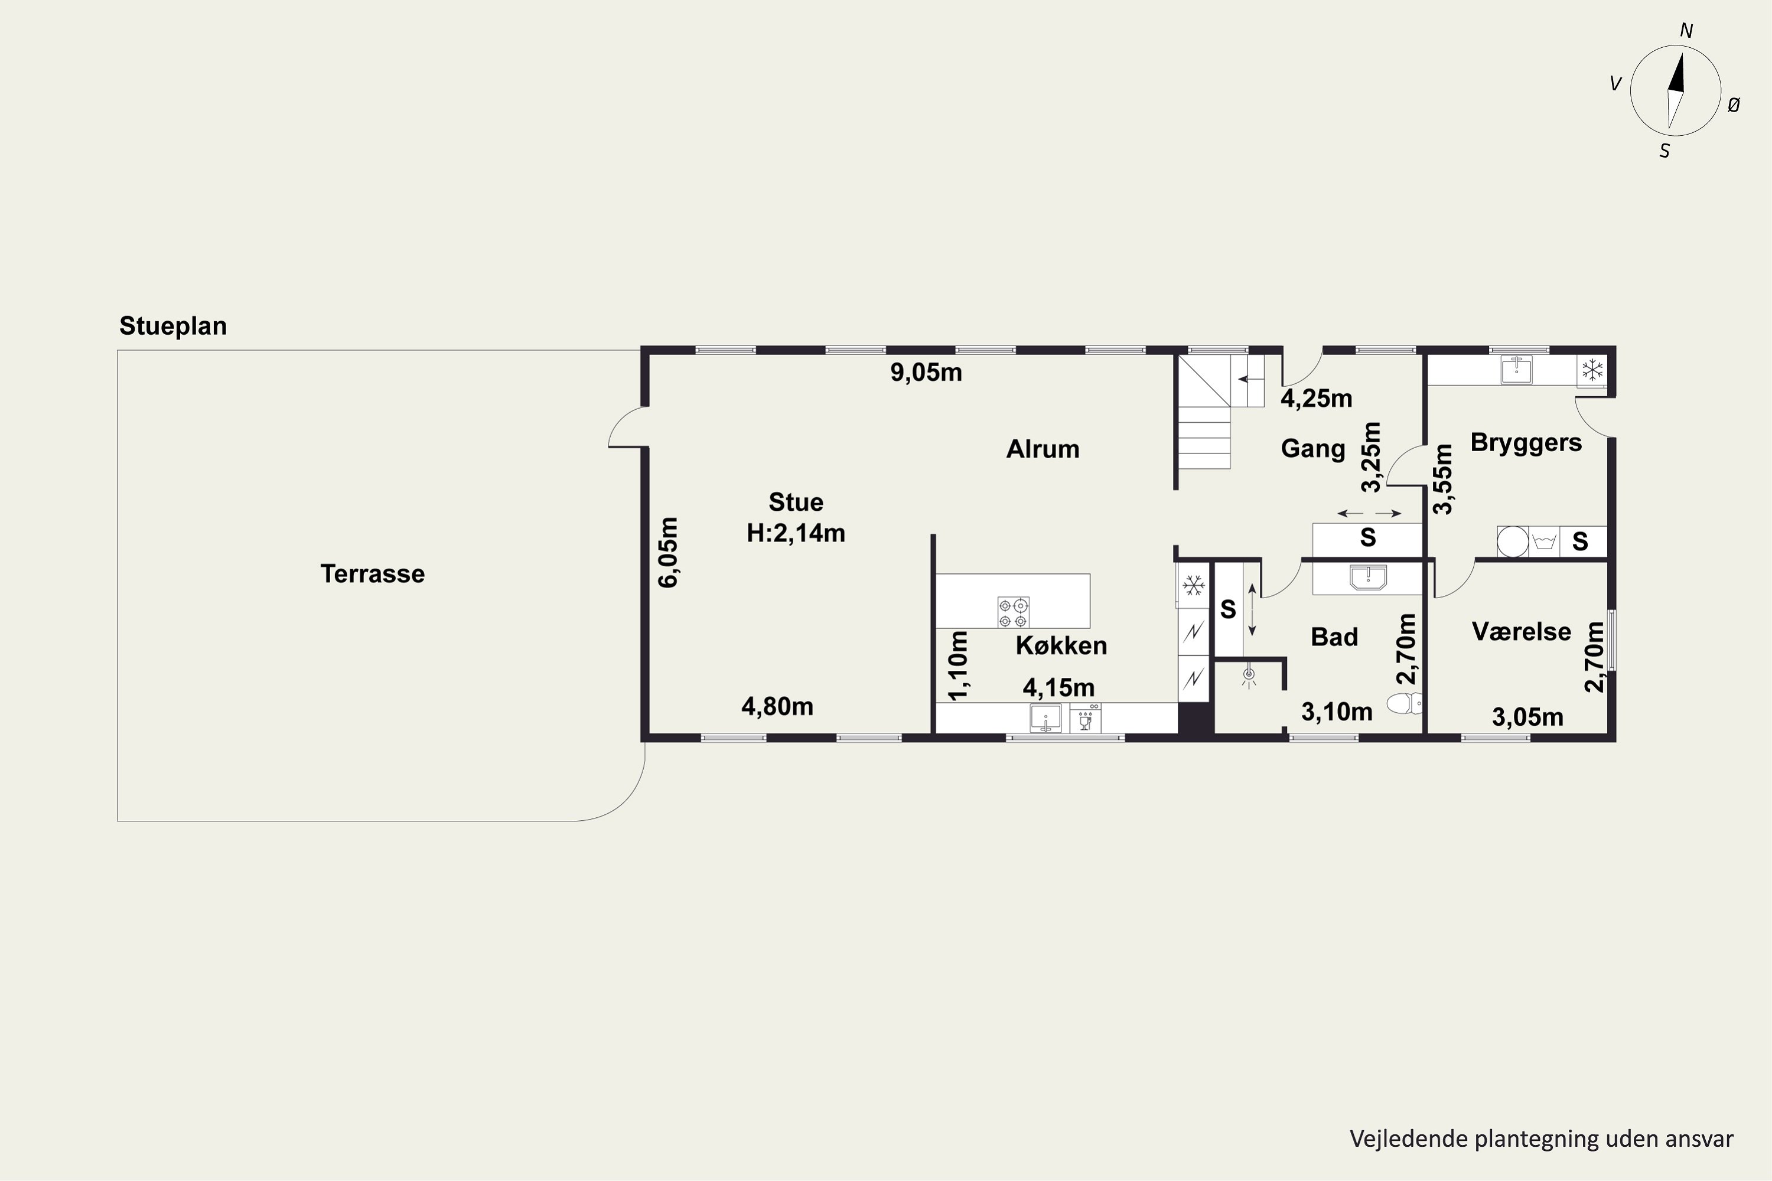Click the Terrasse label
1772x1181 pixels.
coord(372,574)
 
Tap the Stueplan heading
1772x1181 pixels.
coord(173,326)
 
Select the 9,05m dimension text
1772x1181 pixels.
coord(926,373)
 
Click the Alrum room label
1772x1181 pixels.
coord(1043,449)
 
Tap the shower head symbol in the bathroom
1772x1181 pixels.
coord(1249,676)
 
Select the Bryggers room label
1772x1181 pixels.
coord(1526,443)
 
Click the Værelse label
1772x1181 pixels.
coord(1521,632)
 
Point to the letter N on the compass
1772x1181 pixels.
coord(1686,31)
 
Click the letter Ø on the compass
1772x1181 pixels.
coord(1734,106)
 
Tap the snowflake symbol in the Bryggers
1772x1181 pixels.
coord(1592,370)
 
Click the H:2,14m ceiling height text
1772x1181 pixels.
coord(796,533)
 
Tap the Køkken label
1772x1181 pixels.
coord(1061,645)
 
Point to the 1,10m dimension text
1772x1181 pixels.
coord(957,665)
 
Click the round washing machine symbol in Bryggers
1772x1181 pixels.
coord(1513,541)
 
